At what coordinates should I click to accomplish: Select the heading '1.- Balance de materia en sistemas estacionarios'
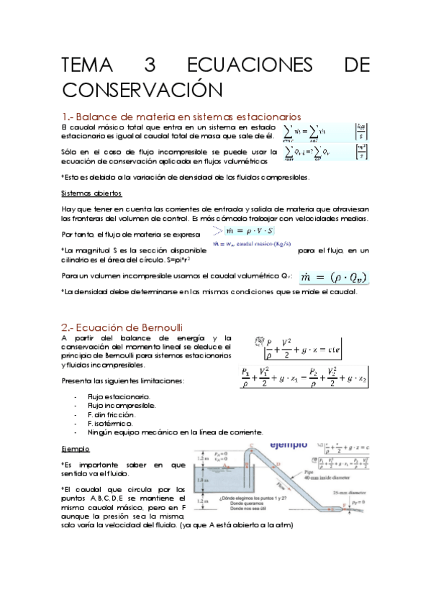(181, 117)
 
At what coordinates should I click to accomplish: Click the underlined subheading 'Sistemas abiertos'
(91, 194)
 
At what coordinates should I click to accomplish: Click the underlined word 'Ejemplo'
(76, 448)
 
